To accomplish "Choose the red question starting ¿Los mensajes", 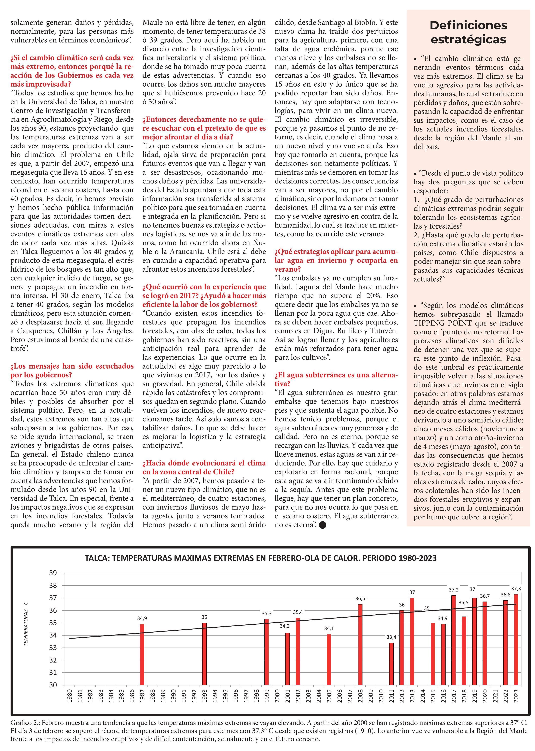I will coord(72,370).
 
